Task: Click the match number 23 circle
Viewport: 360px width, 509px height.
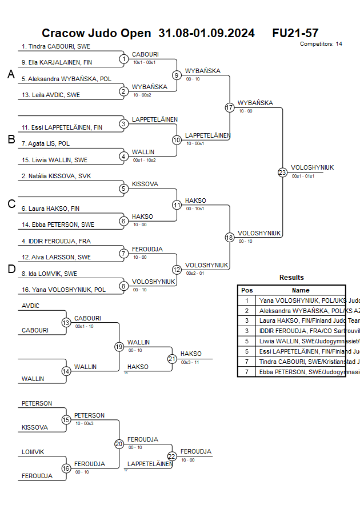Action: pos(282,172)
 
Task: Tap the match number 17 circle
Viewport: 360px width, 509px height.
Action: pos(230,107)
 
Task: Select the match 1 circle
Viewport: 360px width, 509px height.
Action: pos(123,59)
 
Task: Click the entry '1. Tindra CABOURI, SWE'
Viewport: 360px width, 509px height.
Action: pos(56,47)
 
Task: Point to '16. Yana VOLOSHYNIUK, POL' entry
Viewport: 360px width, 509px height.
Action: pos(63,290)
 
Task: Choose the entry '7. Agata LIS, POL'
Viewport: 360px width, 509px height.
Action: pos(46,143)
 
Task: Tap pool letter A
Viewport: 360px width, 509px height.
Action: pos(11,74)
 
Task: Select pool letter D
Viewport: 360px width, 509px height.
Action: pos(11,269)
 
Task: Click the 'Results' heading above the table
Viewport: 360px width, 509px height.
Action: pos(291,278)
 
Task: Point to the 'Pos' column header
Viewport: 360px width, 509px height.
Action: pos(247,290)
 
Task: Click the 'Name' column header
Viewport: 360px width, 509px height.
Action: pos(301,290)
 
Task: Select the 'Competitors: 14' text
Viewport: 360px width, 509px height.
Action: pos(321,44)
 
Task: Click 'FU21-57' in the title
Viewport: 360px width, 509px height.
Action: pos(295,33)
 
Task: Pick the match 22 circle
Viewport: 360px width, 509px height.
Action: pos(172,456)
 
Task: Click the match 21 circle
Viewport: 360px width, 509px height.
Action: pos(172,358)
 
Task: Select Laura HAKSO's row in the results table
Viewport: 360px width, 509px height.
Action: pos(291,320)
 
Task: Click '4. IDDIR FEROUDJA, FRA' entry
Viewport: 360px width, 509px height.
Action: pos(56,241)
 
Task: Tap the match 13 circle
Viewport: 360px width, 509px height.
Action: pos(66,322)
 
